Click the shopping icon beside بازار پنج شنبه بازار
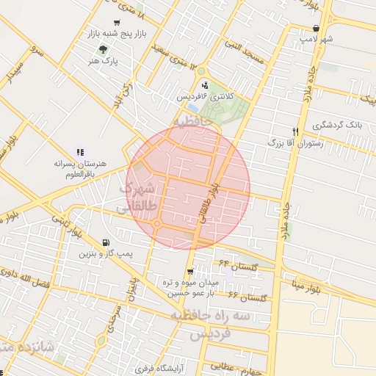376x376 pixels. [118, 23]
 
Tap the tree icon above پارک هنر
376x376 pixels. [102, 49]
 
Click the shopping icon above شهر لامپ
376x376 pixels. [316, 28]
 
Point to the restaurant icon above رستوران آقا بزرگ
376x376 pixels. [294, 131]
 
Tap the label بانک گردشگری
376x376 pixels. [336, 125]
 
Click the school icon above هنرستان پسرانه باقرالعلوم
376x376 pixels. [80, 151]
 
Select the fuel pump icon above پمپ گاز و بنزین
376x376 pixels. [107, 242]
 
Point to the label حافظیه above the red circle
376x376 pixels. [193, 119]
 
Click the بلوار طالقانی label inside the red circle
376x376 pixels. [209, 204]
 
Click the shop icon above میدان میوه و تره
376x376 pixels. [191, 272]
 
